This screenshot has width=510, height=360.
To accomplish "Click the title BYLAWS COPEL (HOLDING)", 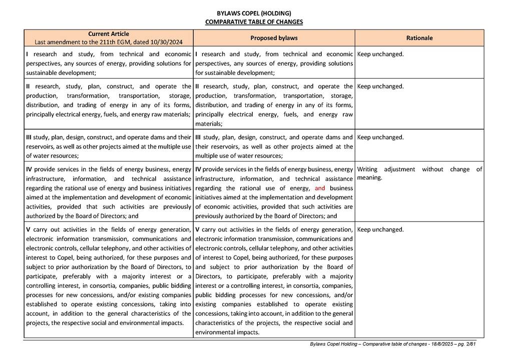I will coord(254,13).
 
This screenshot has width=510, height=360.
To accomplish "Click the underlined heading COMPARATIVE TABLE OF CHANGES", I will coord(254,22).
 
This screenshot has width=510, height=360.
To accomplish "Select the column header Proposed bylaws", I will coord(274,38).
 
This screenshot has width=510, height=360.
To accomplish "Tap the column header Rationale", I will coord(419,38).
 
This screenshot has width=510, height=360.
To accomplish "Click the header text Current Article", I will coord(109,34).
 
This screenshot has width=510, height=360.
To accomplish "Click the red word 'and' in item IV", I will coord(320,188).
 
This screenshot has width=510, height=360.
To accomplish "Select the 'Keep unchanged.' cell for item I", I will coord(380,54).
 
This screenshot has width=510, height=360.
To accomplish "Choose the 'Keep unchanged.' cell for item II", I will coord(380,86).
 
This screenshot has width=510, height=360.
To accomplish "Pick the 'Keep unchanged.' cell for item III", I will coord(380,137).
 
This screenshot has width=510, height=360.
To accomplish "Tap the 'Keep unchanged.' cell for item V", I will coord(380,229).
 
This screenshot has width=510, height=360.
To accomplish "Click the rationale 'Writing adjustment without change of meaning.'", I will coord(419,173).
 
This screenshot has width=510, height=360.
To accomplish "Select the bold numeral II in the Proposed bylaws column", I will coord(198,86).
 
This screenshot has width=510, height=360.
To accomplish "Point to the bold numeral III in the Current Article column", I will coord(30,137).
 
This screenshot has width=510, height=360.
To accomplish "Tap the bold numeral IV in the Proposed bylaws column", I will coord(198,169).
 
